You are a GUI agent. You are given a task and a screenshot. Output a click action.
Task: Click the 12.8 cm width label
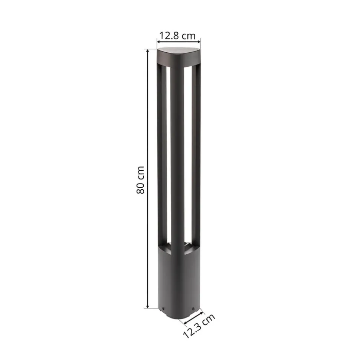(177, 36)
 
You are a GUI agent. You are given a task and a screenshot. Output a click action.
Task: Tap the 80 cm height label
(141, 179)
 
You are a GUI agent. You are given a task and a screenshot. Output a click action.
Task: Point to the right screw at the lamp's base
(193, 308)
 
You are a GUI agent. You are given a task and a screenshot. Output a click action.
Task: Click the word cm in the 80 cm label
(141, 171)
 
